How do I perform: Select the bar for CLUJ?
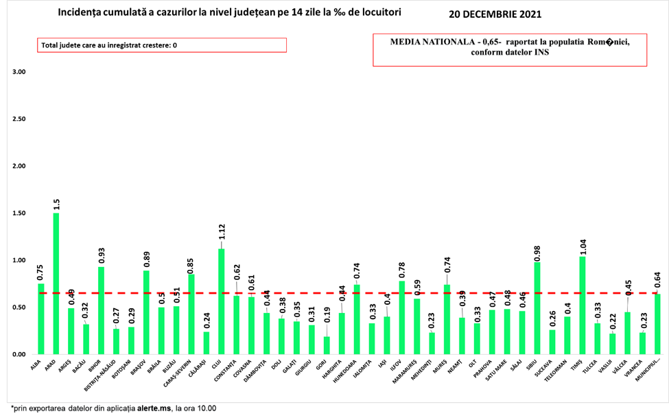point(221,301)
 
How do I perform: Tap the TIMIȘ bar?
point(582,305)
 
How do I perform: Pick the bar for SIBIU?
point(537,308)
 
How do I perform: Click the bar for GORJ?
point(326,345)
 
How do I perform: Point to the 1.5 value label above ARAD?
point(56,204)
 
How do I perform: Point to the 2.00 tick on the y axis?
point(19,166)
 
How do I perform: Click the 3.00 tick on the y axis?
point(19,72)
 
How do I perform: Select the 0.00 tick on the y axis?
point(19,355)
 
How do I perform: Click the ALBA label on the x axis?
point(36,364)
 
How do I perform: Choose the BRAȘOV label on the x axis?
point(140,367)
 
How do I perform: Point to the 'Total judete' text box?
point(162,45)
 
